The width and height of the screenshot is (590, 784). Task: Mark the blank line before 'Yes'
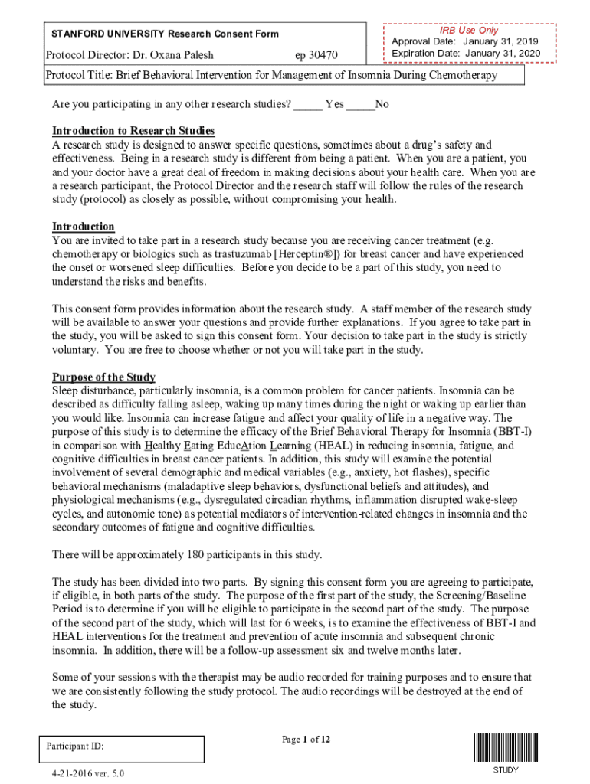point(307,104)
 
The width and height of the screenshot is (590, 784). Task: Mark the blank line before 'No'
point(360,104)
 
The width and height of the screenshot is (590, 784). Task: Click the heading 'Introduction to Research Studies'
point(133,131)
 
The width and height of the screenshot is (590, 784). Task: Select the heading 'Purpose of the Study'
point(103,377)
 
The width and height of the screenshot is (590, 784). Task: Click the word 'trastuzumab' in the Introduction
point(226,254)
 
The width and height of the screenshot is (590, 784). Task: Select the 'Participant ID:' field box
point(122,749)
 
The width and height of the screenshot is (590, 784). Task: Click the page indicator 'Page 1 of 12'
point(306,740)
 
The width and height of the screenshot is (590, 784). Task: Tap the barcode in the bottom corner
point(505,747)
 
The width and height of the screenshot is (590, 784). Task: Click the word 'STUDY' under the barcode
point(505,770)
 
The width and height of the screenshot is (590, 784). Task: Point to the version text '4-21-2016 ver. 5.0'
point(86,773)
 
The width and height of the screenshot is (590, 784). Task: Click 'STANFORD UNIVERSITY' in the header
point(108,34)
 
